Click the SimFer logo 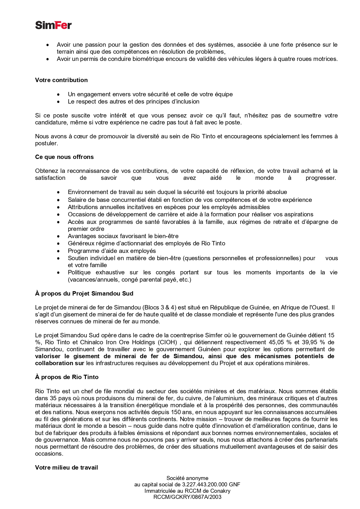click(53, 25)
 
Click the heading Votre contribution click(61, 80)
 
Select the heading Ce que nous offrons click(64, 157)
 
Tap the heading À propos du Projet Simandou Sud click(84, 294)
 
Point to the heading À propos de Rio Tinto click(67, 377)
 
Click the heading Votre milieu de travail click(66, 468)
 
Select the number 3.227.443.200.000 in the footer click(205, 484)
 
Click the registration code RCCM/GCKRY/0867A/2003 click(187, 497)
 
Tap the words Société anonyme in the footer click(187, 478)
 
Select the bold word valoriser click(48, 356)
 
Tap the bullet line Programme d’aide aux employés click(112, 251)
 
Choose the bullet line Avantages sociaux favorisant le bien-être click(123, 236)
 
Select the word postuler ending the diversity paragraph click(46, 143)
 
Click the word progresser click(320, 178)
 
